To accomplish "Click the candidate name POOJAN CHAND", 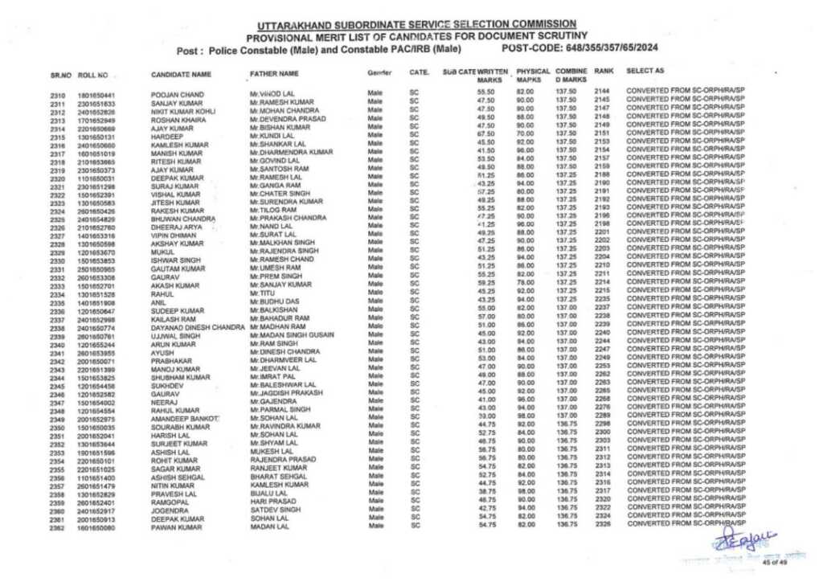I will pyautogui.click(x=173, y=96).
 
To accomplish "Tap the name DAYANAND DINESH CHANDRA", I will pyautogui.click(x=198, y=328).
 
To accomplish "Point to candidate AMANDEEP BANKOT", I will pyautogui.click(x=184, y=420).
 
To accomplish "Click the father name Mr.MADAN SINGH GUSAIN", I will pyautogui.click(x=291, y=335).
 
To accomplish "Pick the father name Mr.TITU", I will pyautogui.click(x=259, y=295).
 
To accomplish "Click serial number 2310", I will pyautogui.click(x=56, y=96).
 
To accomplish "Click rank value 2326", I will pyautogui.click(x=603, y=524).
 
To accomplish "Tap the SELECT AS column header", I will pyautogui.click(x=645, y=72).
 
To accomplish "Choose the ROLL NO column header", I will pyautogui.click(x=93, y=75).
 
